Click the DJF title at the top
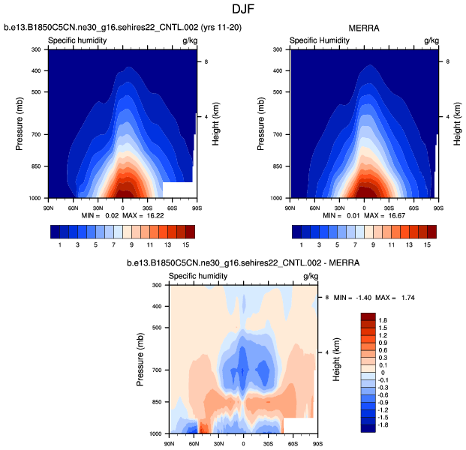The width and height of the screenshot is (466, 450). (232, 10)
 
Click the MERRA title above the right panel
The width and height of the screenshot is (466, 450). (364, 28)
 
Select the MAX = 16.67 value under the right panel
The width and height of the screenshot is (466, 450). (381, 214)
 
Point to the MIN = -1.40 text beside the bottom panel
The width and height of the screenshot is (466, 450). (354, 298)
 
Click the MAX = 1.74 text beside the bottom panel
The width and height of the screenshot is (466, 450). (398, 298)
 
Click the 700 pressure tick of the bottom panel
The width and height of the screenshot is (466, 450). (157, 370)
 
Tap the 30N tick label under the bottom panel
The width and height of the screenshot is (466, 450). (218, 444)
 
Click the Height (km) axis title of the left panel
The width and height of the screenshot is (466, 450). (215, 124)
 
